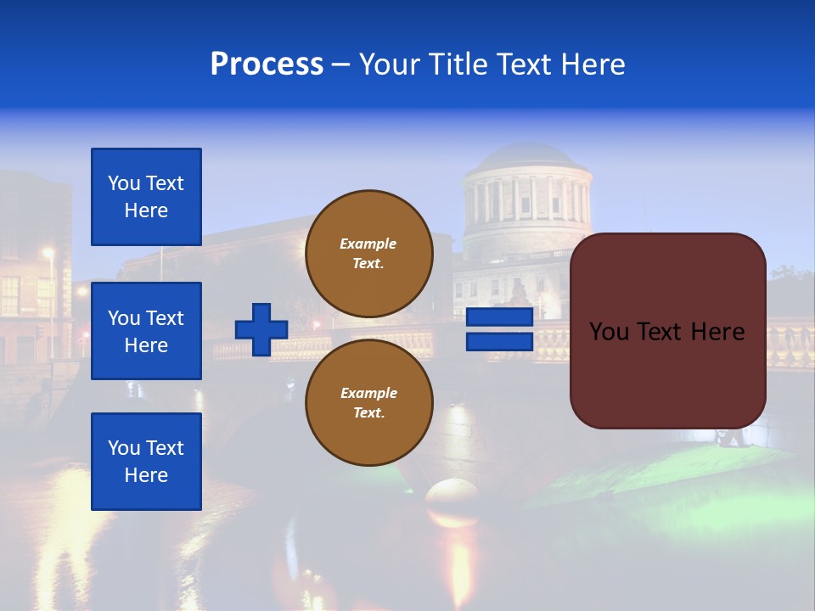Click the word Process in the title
pyautogui.click(x=267, y=64)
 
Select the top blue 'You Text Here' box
pyautogui.click(x=146, y=197)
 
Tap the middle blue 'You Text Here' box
pyautogui.click(x=146, y=331)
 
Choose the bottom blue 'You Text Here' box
pyautogui.click(x=146, y=461)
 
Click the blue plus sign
pyautogui.click(x=261, y=329)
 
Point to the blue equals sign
pyautogui.click(x=499, y=329)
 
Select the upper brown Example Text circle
pyautogui.click(x=368, y=253)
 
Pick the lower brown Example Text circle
pyautogui.click(x=368, y=402)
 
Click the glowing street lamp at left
pyautogui.click(x=48, y=252)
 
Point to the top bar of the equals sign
pyautogui.click(x=499, y=317)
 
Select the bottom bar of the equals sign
pyautogui.click(x=499, y=341)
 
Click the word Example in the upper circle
pyautogui.click(x=368, y=244)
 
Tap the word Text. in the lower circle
pyautogui.click(x=368, y=412)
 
